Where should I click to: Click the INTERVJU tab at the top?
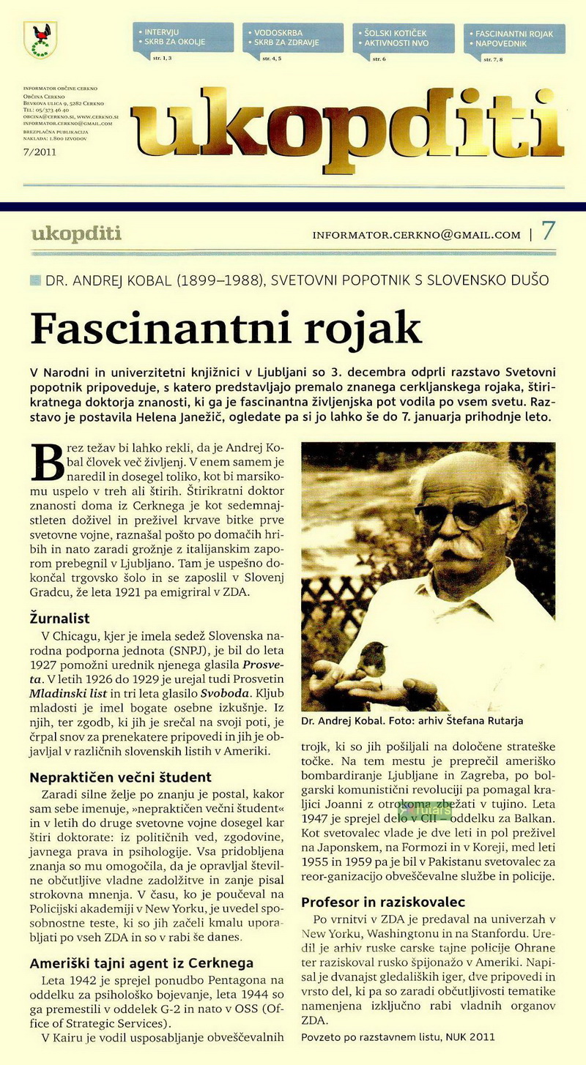(163, 33)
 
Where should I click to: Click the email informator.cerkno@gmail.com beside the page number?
(416, 235)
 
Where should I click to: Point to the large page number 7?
(548, 231)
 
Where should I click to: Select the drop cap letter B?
(46, 462)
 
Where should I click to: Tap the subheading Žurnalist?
(60, 616)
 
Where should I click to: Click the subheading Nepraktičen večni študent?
(120, 777)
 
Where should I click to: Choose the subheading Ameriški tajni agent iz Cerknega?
(141, 963)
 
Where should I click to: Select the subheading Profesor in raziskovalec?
(383, 901)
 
